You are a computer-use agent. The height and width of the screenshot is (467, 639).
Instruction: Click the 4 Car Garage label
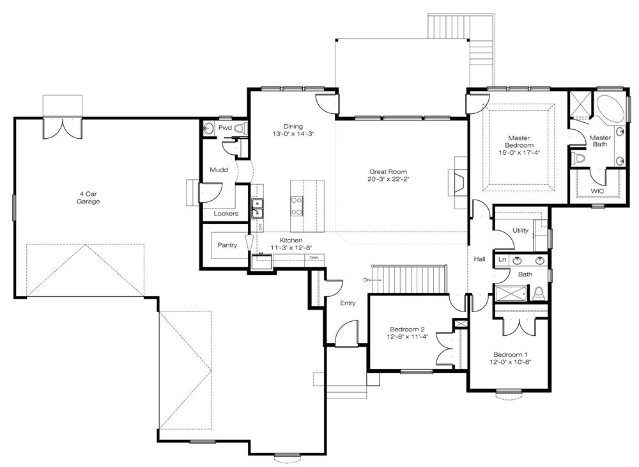click(88, 198)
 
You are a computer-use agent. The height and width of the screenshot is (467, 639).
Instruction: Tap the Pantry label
click(227, 245)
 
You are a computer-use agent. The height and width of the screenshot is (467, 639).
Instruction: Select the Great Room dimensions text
click(388, 178)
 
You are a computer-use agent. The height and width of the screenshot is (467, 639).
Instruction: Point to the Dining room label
click(293, 127)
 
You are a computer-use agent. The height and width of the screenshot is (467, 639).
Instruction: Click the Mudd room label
click(219, 170)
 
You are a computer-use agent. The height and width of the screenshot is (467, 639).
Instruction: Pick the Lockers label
click(226, 213)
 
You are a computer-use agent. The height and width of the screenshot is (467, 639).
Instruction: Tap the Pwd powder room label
click(225, 128)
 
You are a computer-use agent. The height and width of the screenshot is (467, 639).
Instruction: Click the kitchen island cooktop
click(296, 205)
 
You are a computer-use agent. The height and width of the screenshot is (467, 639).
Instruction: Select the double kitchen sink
click(257, 209)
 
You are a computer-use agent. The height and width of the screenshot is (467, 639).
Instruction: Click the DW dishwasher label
click(259, 226)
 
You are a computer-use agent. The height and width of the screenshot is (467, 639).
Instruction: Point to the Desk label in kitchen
click(314, 257)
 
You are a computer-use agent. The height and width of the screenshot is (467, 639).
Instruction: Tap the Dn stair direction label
click(366, 280)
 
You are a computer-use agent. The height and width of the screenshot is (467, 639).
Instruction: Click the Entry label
click(348, 303)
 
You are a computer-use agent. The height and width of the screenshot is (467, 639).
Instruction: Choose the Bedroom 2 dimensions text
click(408, 337)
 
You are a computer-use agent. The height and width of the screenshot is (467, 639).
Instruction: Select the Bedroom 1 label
click(510, 354)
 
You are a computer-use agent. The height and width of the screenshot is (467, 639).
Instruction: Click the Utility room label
click(520, 230)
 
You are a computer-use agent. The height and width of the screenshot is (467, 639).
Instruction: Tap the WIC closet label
click(597, 191)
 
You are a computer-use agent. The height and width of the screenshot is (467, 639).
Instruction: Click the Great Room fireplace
click(458, 182)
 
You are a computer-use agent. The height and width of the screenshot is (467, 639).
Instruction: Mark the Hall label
click(480, 259)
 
